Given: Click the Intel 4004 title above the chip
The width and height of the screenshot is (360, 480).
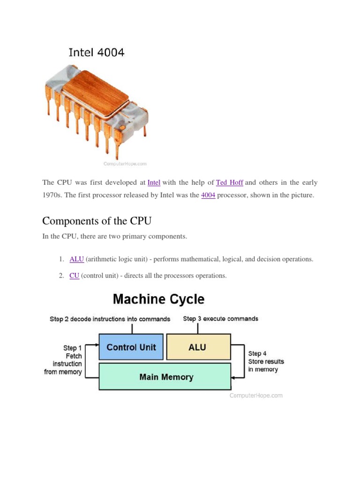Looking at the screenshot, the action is click(x=97, y=52).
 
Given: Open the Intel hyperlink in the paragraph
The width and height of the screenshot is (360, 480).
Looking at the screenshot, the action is click(x=154, y=182).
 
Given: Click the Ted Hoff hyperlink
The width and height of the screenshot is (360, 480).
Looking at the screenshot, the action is click(x=230, y=182).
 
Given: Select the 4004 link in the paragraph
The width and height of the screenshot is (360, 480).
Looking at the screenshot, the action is click(x=208, y=195).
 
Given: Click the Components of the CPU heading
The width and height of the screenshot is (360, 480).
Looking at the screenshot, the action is click(x=97, y=221).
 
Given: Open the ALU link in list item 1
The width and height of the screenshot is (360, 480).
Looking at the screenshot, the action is click(x=76, y=259).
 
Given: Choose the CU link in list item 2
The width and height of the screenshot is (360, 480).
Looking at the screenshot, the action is click(x=75, y=276).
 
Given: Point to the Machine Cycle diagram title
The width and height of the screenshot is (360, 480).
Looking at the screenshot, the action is click(x=158, y=299).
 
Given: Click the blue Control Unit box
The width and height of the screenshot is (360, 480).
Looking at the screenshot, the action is click(x=131, y=347).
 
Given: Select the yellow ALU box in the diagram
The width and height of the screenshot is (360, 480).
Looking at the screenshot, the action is click(x=198, y=347).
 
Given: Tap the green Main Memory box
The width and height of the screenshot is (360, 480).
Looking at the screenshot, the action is click(x=165, y=376).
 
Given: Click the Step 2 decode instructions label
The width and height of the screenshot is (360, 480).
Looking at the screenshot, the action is click(x=110, y=319).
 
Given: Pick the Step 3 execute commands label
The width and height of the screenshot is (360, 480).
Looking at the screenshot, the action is click(x=221, y=319).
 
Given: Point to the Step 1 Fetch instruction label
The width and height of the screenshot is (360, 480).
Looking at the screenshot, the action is click(x=63, y=360).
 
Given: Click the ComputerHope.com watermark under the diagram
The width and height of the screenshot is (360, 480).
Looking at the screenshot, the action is click(x=256, y=396).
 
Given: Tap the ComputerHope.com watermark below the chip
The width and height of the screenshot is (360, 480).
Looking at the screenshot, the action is click(x=125, y=164).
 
